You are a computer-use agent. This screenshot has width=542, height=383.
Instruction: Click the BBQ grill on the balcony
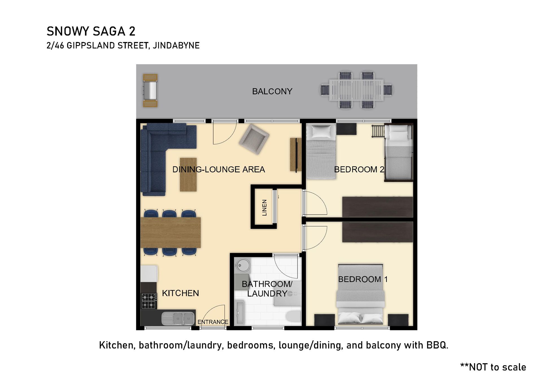pyautogui.click(x=150, y=91)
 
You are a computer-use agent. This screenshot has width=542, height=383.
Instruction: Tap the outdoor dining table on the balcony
pyautogui.click(x=356, y=90)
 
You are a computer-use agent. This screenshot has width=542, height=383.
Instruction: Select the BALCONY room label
pyautogui.click(x=272, y=91)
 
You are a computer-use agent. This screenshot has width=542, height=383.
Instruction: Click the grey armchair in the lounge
pyautogui.click(x=254, y=139)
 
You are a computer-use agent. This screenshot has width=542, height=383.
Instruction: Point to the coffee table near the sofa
pyautogui.click(x=188, y=175)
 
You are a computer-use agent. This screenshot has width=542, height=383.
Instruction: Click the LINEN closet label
pyautogui.click(x=265, y=208)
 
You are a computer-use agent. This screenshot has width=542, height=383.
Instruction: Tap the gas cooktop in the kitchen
pyautogui.click(x=149, y=301)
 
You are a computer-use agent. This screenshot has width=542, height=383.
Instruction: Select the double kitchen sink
pyautogui.click(x=178, y=319)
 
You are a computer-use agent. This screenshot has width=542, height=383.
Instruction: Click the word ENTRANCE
pyautogui.click(x=213, y=322)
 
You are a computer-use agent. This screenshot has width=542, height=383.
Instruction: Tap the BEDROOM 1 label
pyautogui.click(x=363, y=279)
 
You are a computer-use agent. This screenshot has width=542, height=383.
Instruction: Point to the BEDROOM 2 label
pyautogui.click(x=359, y=170)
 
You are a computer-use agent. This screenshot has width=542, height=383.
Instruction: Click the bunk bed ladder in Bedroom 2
pyautogui.click(x=379, y=131)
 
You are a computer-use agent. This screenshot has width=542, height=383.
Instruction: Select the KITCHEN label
pyautogui.click(x=180, y=293)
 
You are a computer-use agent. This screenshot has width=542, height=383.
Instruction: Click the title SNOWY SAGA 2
pyautogui.click(x=91, y=31)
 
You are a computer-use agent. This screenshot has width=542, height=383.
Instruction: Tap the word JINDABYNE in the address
pyautogui.click(x=176, y=45)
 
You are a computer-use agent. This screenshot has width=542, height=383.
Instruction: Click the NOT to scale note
pyautogui.click(x=493, y=367)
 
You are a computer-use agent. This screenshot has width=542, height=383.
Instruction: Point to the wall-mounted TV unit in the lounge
pyautogui.click(x=296, y=155)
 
